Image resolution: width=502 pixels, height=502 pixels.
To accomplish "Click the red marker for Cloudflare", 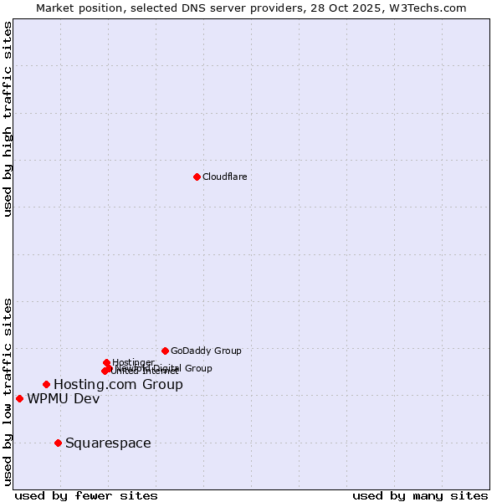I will [197, 177].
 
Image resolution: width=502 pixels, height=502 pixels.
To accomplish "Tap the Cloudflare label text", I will [224, 177].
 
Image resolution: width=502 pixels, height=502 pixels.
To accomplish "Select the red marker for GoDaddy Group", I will [165, 351].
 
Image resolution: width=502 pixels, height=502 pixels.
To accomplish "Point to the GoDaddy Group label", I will [206, 351].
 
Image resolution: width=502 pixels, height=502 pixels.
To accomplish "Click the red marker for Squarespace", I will [58, 443].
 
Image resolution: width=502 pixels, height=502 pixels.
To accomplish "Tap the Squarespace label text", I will [108, 443].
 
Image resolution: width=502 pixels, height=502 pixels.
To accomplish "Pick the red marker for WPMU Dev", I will [19, 398].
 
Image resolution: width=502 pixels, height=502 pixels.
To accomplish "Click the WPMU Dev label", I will [63, 398].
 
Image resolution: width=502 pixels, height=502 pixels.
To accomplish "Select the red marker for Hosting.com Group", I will [46, 384].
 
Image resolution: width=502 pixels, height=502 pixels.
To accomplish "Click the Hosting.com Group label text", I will [118, 384].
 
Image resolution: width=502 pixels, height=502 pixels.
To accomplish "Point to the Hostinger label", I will [133, 362].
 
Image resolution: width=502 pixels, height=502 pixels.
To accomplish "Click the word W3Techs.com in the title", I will [431, 8].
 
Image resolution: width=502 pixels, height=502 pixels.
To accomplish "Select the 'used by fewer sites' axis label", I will [86, 495].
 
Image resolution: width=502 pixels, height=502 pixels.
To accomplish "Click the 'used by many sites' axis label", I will [420, 495].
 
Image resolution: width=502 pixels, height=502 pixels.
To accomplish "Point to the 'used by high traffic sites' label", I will [8, 120].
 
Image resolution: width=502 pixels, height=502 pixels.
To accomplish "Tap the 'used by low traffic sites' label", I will [8, 392].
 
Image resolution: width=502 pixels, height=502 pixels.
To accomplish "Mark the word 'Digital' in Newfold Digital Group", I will [167, 368].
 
